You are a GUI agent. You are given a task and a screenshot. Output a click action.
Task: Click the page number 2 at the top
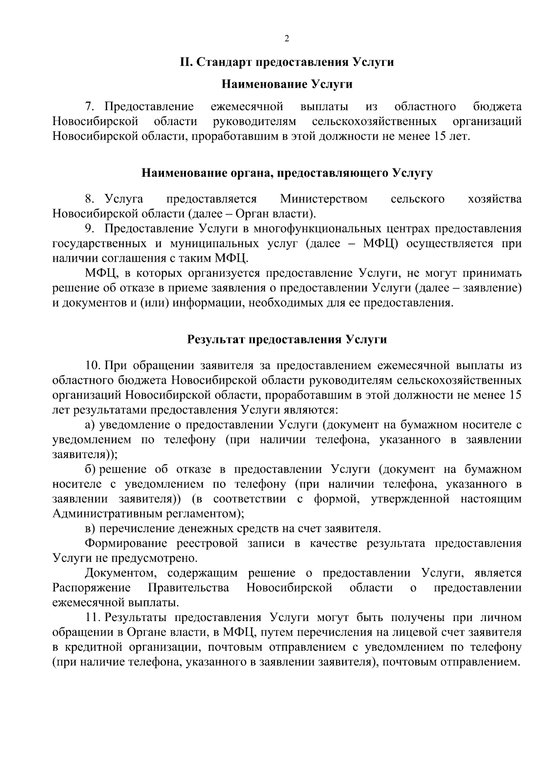286,39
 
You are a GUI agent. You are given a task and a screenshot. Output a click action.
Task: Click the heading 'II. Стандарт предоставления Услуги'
286,62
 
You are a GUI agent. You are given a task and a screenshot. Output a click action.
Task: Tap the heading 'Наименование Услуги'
286,84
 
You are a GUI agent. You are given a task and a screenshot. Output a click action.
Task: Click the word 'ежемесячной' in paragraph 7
247,107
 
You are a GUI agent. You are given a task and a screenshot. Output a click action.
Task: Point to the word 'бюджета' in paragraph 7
497,107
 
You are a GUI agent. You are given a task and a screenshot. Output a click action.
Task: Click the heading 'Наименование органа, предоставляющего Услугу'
286,173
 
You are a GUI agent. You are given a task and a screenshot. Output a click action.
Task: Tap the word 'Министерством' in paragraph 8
324,199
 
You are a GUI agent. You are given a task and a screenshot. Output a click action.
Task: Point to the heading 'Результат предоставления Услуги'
286,339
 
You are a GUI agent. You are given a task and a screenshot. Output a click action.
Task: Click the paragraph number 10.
92,366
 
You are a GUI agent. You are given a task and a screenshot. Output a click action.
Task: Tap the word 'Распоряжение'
91,587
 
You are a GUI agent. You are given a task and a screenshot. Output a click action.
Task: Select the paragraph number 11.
93,618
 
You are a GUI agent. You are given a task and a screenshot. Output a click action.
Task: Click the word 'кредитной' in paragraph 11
93,647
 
